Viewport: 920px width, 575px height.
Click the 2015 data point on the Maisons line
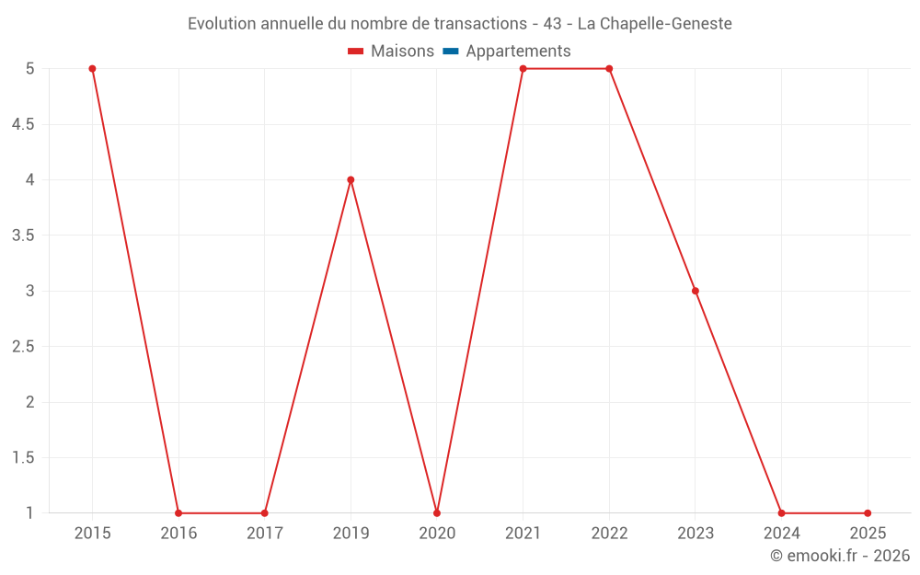pyautogui.click(x=92, y=69)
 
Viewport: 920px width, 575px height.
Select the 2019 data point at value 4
pyautogui.click(x=351, y=180)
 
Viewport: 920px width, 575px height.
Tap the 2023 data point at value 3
pyautogui.click(x=696, y=291)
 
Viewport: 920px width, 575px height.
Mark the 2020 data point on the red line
pyautogui.click(x=437, y=512)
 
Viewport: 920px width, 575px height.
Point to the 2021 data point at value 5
pyautogui.click(x=523, y=69)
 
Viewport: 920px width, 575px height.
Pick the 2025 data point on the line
pyautogui.click(x=868, y=512)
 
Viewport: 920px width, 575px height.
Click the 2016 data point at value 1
pyautogui.click(x=178, y=512)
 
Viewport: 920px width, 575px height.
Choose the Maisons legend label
pyautogui.click(x=402, y=52)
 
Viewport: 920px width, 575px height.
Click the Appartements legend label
pyautogui.click(x=518, y=52)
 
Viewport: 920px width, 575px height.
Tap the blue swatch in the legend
pyautogui.click(x=450, y=52)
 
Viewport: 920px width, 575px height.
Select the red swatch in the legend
pyautogui.click(x=356, y=52)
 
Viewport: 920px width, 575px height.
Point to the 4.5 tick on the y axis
pyautogui.click(x=23, y=124)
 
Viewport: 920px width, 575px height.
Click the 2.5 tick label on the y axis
pyautogui.click(x=23, y=347)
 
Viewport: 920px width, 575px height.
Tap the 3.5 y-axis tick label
pyautogui.click(x=23, y=236)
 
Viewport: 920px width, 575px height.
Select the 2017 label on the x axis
pyautogui.click(x=264, y=533)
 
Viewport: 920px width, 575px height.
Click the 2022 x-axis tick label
pyautogui.click(x=609, y=533)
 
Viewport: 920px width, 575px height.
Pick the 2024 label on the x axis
pyautogui.click(x=781, y=533)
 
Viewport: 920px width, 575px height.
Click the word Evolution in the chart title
pyautogui.click(x=222, y=24)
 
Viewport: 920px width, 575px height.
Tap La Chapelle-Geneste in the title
pyautogui.click(x=654, y=24)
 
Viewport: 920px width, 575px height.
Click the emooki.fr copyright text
pyautogui.click(x=839, y=556)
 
